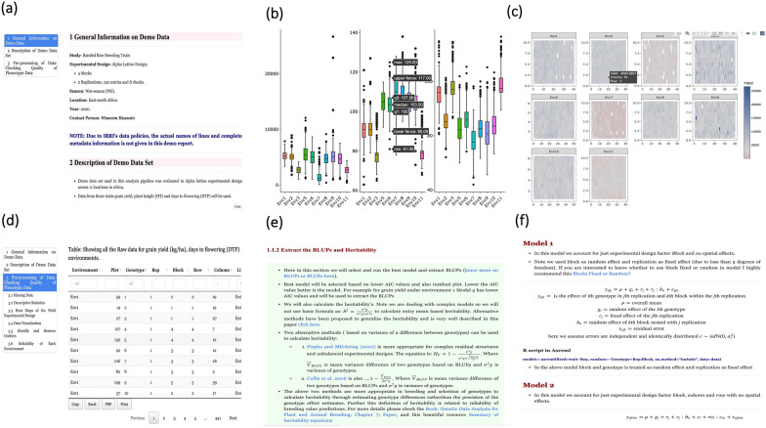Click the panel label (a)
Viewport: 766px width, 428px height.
(x=12, y=12)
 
